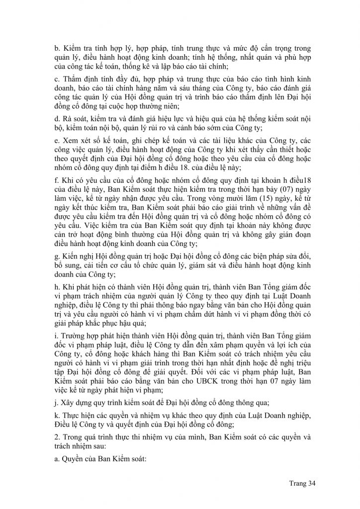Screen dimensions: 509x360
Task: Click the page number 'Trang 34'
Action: (302, 482)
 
